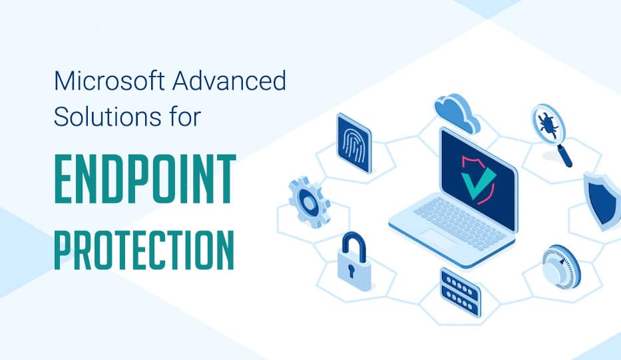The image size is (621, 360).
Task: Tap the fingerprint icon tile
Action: (x=353, y=143)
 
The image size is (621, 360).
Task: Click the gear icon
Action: (x=309, y=198)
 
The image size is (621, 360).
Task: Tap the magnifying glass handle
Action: (x=564, y=157)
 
